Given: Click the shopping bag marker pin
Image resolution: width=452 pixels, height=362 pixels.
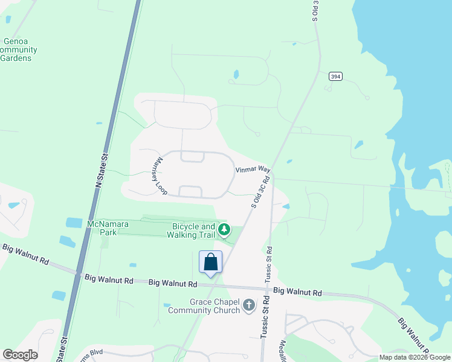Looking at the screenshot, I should coord(210,263).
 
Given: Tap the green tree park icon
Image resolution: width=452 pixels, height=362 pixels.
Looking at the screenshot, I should coord(224,229).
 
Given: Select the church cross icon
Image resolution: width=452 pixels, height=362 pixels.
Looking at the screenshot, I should coord(248,306).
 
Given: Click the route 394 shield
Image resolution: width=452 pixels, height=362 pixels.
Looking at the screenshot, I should coord(336,76).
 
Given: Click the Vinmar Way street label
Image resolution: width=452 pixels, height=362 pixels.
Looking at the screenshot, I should coord(252,170).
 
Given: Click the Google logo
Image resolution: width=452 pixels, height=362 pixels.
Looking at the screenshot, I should coord(20,355).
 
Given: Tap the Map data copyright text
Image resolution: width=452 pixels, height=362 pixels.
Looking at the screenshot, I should coord(414,357).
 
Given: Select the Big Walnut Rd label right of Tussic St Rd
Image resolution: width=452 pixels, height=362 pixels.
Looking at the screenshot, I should coord(297,291).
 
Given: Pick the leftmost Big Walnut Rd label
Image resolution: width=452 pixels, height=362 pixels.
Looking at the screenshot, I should coord(25,255).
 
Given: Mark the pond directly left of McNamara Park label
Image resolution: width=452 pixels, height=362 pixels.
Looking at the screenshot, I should coord(74,223).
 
